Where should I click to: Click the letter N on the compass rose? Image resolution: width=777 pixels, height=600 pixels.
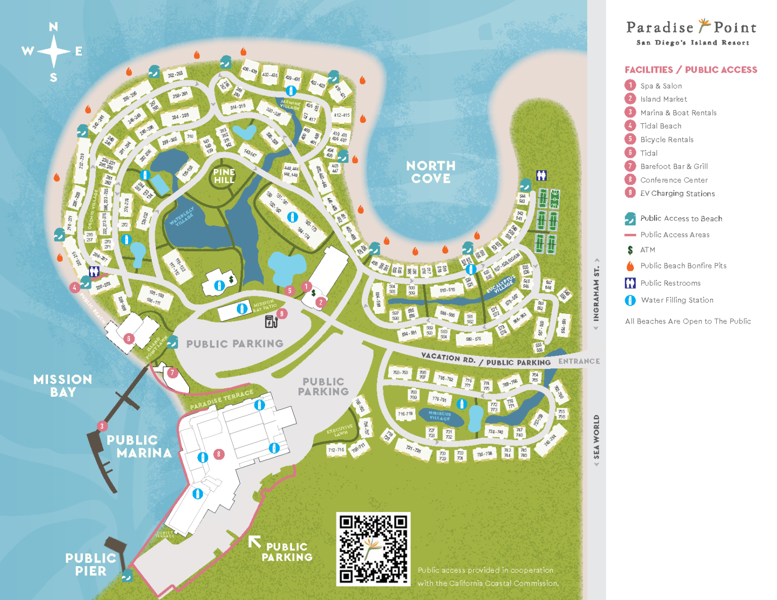pos(53,27)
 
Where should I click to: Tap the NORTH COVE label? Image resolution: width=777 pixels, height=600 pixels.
pos(430,172)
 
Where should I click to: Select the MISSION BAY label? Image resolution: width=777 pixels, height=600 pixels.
pos(63,386)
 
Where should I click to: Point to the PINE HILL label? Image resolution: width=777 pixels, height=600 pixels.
pos(224,176)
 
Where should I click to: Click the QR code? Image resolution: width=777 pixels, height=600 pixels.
pos(373,549)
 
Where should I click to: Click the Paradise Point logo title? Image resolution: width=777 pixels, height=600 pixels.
pos(691,27)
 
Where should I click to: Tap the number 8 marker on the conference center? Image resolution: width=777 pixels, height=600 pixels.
pos(219,454)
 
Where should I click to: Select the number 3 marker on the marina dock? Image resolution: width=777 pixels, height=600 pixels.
pos(102,426)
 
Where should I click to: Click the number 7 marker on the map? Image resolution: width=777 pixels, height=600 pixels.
pos(172,373)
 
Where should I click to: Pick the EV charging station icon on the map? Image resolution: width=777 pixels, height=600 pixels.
pos(271,321)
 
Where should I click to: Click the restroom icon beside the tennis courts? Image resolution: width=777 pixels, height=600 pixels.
pos(541,175)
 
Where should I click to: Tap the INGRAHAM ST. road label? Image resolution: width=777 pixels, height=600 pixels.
pos(596,294)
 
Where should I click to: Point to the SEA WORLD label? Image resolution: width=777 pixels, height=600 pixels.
pos(596,437)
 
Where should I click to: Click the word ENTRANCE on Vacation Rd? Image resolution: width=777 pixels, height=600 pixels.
pos(579,361)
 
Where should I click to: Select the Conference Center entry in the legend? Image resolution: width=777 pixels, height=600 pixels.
pos(673,180)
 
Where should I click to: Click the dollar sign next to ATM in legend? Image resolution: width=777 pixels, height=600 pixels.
pos(630,250)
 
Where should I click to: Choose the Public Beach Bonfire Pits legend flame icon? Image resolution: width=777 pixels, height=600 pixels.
pos(630,266)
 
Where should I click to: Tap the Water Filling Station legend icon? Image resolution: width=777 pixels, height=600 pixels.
pos(630,300)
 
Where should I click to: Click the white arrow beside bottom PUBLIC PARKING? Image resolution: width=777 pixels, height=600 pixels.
pos(254,542)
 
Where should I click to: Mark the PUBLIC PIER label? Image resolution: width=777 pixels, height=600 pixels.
pos(91,564)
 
